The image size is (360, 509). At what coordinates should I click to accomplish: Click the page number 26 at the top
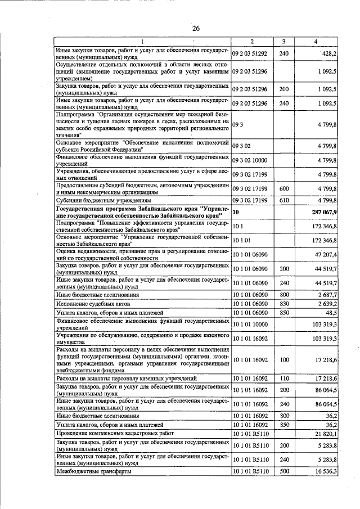(196, 29)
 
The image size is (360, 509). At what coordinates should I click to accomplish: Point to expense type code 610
(283, 200)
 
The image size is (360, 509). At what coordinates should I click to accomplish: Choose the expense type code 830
(283, 304)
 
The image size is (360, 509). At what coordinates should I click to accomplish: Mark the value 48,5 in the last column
(329, 312)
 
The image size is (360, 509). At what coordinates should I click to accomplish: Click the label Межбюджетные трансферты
(93, 471)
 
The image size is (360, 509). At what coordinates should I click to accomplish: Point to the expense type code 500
(283, 471)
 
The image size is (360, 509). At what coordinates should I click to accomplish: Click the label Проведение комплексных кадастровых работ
(115, 434)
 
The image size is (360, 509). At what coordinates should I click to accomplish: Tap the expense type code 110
(283, 380)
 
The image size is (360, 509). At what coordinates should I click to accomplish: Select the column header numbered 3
(283, 42)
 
